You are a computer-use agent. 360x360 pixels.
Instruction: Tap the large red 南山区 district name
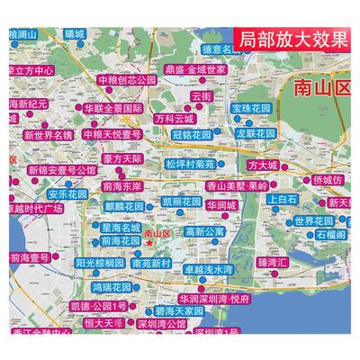[319, 87]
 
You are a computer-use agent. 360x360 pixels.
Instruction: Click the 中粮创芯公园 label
[127, 79]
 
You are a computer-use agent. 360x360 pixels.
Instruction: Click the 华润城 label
[220, 205]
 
